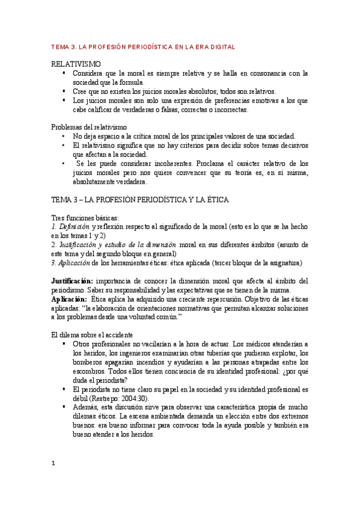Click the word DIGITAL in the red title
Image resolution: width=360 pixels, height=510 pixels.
click(221, 46)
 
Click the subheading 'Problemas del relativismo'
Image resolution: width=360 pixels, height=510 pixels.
click(88, 127)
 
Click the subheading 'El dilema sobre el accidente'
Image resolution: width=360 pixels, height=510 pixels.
click(92, 334)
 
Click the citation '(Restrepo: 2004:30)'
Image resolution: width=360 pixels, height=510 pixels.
click(113, 398)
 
